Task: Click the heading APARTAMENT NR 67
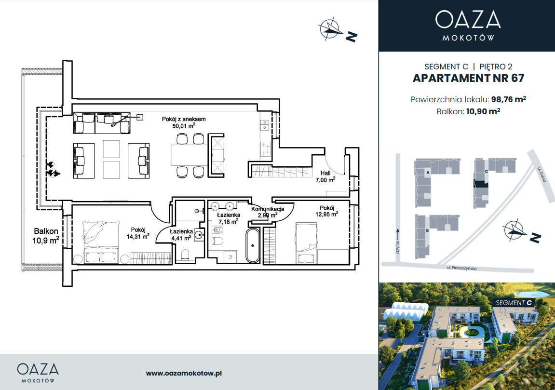[468, 78]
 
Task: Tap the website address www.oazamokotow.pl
[184, 373]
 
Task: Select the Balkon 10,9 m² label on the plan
[46, 236]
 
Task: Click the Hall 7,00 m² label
[325, 176]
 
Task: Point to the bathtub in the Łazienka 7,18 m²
[253, 245]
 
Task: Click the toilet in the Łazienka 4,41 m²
[185, 255]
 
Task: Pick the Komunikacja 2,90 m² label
[268, 212]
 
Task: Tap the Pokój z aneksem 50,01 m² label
[184, 122]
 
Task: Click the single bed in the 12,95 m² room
[307, 243]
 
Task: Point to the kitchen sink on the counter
[264, 124]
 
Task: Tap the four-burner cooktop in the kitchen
[266, 149]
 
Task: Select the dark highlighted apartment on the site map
[481, 184]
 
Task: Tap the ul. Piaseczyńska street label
[461, 268]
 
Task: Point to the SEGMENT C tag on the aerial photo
[514, 303]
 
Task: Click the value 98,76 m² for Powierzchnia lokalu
[508, 99]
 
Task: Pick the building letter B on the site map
[428, 230]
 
